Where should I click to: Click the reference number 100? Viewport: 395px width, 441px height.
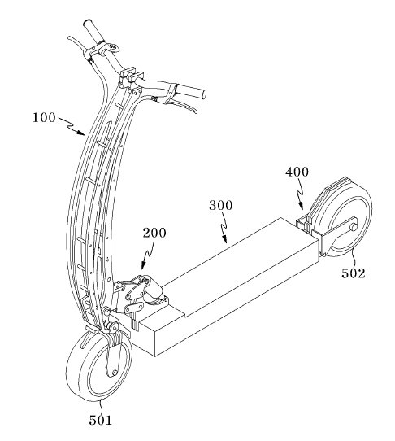coord(44,117)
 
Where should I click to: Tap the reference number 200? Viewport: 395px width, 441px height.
coord(154,233)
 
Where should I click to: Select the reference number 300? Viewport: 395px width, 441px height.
coord(221,205)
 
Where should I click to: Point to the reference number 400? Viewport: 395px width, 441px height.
coord(297,172)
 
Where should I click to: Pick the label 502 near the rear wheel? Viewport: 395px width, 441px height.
coord(354,273)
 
